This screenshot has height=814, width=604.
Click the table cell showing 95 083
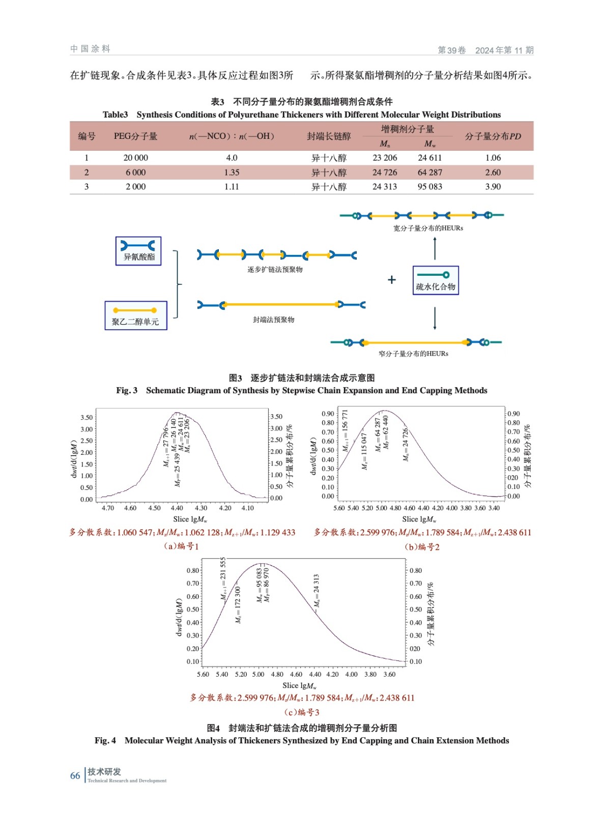coord(430,187)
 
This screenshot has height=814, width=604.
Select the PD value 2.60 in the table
coord(493,172)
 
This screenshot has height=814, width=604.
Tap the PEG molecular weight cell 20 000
coord(135,158)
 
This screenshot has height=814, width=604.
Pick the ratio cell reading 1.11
coord(232,187)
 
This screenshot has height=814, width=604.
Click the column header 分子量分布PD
coord(493,136)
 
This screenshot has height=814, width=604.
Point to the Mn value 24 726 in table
coord(384,172)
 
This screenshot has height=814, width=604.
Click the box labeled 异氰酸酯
coord(138,251)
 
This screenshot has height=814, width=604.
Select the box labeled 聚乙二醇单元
coord(135,316)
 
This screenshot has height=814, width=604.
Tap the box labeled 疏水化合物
coord(436,281)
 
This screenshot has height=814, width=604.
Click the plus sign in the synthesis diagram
coord(391,280)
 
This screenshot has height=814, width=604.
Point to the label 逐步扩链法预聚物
coord(275,270)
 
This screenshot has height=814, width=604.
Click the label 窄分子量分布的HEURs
coord(413,354)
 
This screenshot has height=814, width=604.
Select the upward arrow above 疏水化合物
coord(435,248)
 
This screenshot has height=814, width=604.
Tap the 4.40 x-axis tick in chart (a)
coord(177,508)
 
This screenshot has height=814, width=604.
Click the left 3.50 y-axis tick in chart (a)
coord(87,418)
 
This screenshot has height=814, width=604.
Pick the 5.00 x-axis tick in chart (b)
coord(381,508)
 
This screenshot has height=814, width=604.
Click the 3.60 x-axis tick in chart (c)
coord(389,674)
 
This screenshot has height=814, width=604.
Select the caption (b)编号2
coord(422,547)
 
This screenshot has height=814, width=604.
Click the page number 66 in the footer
coord(75,776)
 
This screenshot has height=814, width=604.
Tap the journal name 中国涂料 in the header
coord(90,49)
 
